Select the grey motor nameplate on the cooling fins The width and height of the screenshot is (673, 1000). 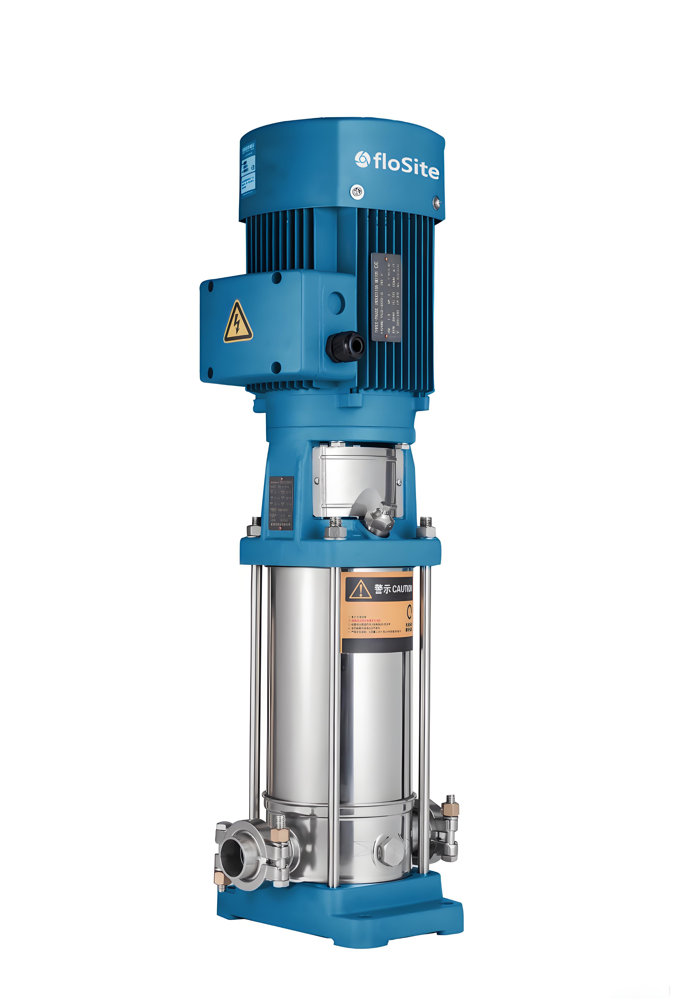[x=386, y=297]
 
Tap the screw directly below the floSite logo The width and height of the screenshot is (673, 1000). [x=357, y=192]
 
